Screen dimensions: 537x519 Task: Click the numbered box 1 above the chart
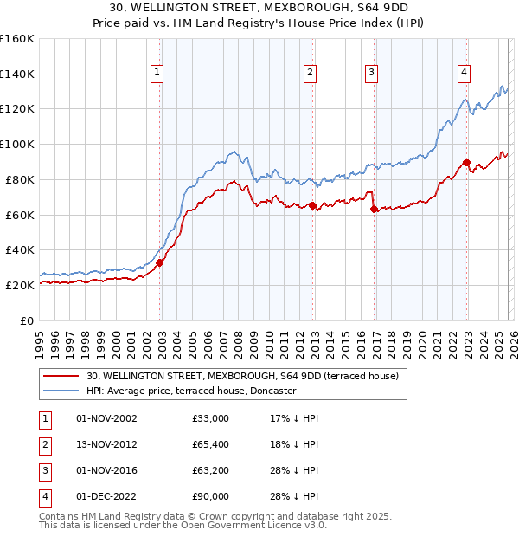pos(157,74)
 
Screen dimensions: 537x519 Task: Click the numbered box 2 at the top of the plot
pos(310,74)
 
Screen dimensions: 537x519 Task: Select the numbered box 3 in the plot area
pos(371,74)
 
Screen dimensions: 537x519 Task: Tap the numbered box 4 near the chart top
pos(464,74)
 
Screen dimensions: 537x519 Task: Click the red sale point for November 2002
pos(159,262)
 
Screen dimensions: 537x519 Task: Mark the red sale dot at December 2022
pos(466,161)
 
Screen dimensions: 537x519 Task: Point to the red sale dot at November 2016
pos(374,209)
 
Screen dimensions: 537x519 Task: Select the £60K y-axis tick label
pos(19,215)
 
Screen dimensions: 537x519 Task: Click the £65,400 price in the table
pos(211,444)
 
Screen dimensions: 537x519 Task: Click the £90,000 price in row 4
pos(211,496)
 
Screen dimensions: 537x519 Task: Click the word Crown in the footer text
pos(195,516)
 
